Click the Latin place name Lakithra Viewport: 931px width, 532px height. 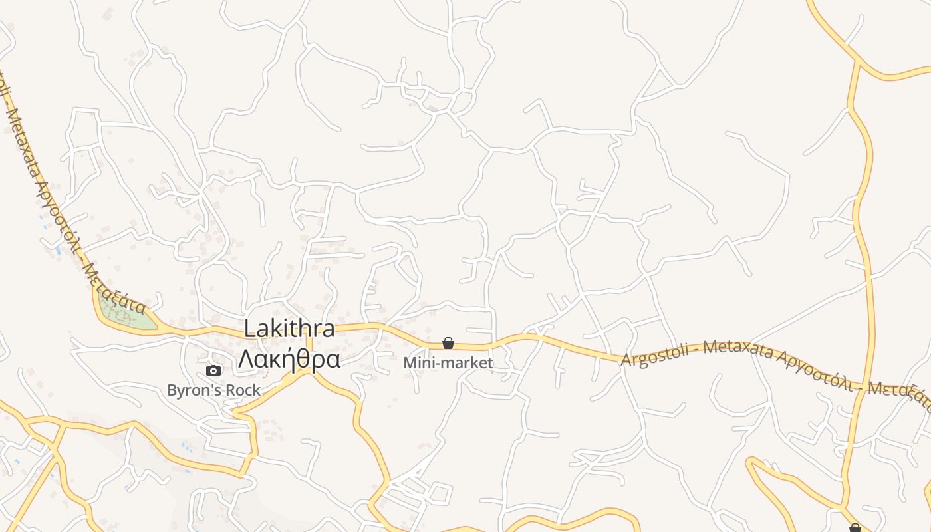[289, 328]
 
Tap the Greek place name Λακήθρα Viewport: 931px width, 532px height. [289, 359]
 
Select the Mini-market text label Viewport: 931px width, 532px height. [448, 363]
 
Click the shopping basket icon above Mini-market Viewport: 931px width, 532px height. [448, 343]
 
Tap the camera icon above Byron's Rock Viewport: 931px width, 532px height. [213, 370]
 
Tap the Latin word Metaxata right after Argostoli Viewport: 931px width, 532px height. [735, 347]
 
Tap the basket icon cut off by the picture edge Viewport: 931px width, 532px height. [855, 528]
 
